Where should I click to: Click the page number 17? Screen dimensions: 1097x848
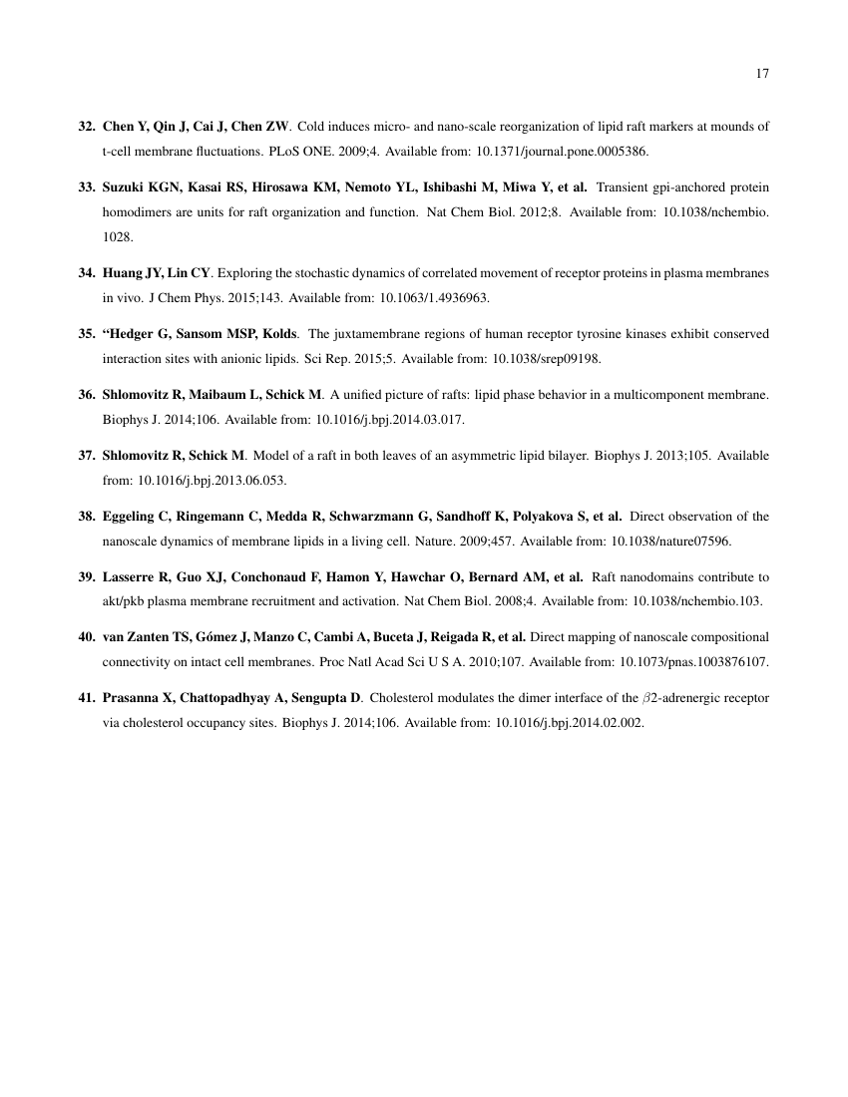click(762, 73)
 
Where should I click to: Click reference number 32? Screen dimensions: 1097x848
click(87, 127)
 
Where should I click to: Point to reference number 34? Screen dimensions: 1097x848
click(87, 273)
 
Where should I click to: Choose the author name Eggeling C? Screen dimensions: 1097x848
click(138, 516)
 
